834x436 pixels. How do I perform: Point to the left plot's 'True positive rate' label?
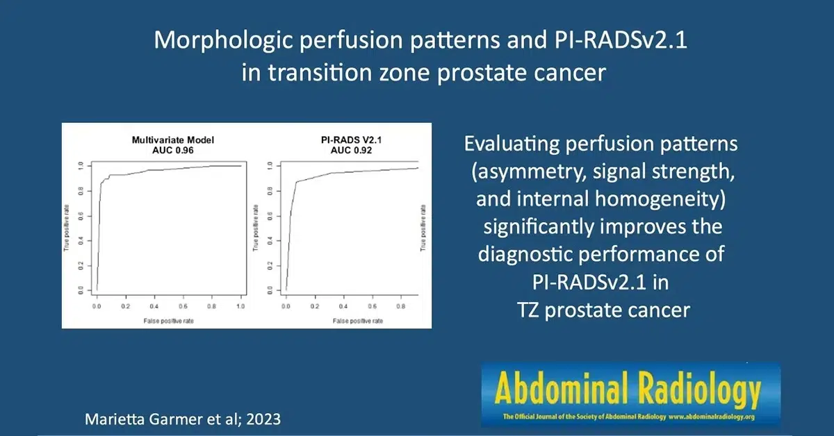click(x=67, y=227)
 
